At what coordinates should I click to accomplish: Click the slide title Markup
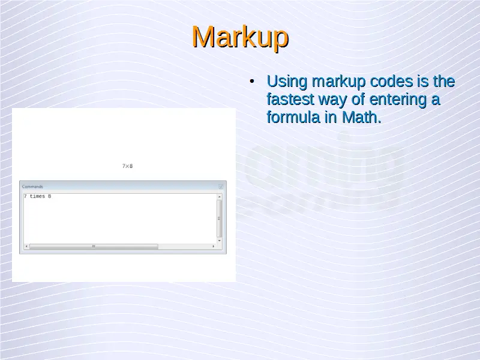(x=241, y=37)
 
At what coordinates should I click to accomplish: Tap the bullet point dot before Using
(x=252, y=82)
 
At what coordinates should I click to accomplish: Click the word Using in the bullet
(x=287, y=82)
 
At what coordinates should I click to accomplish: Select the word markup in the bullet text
(x=338, y=82)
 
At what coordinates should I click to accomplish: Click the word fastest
(x=290, y=100)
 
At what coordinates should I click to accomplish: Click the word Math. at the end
(x=361, y=117)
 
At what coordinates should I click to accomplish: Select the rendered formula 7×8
(x=127, y=166)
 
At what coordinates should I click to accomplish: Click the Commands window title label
(x=32, y=187)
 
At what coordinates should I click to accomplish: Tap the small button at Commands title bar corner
(x=221, y=187)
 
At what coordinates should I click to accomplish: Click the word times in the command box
(x=37, y=196)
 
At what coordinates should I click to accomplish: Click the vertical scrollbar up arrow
(x=219, y=197)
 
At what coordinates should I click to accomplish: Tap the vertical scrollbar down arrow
(x=219, y=241)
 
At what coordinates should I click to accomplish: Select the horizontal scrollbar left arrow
(x=26, y=246)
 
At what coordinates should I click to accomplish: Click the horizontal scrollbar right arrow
(x=214, y=246)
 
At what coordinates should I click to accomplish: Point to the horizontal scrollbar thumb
(x=94, y=246)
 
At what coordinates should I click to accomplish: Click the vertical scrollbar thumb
(x=219, y=218)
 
